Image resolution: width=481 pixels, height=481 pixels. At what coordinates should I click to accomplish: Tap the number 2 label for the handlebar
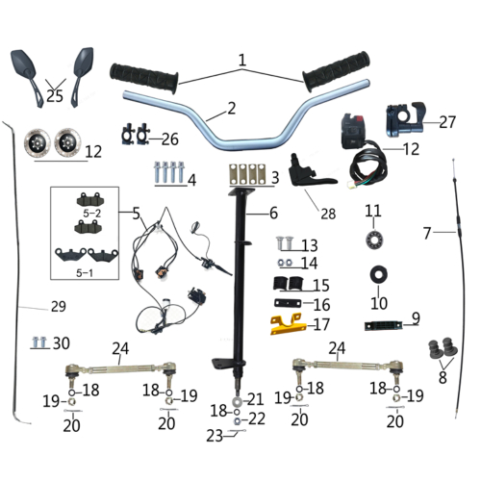[232, 109]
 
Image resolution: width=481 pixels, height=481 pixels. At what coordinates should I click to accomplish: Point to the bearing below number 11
[372, 238]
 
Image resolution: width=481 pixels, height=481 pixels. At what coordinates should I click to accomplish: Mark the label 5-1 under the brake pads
[92, 274]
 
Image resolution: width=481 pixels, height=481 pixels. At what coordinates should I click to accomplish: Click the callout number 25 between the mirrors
[53, 95]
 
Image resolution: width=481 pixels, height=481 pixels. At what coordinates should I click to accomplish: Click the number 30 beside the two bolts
[62, 342]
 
